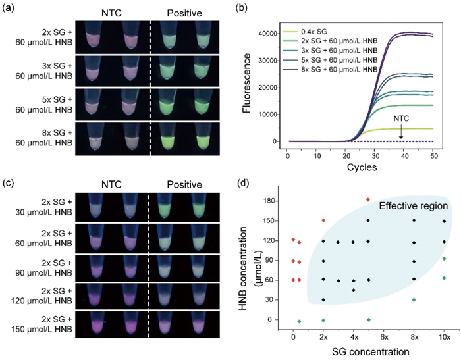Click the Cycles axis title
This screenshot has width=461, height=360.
click(x=359, y=167)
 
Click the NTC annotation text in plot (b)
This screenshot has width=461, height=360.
click(x=400, y=119)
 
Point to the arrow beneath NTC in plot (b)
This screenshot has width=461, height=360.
click(x=400, y=132)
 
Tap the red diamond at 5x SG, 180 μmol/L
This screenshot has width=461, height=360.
click(x=368, y=199)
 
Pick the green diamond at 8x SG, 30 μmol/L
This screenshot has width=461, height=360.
click(x=414, y=300)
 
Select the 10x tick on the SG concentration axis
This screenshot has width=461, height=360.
click(x=445, y=336)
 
